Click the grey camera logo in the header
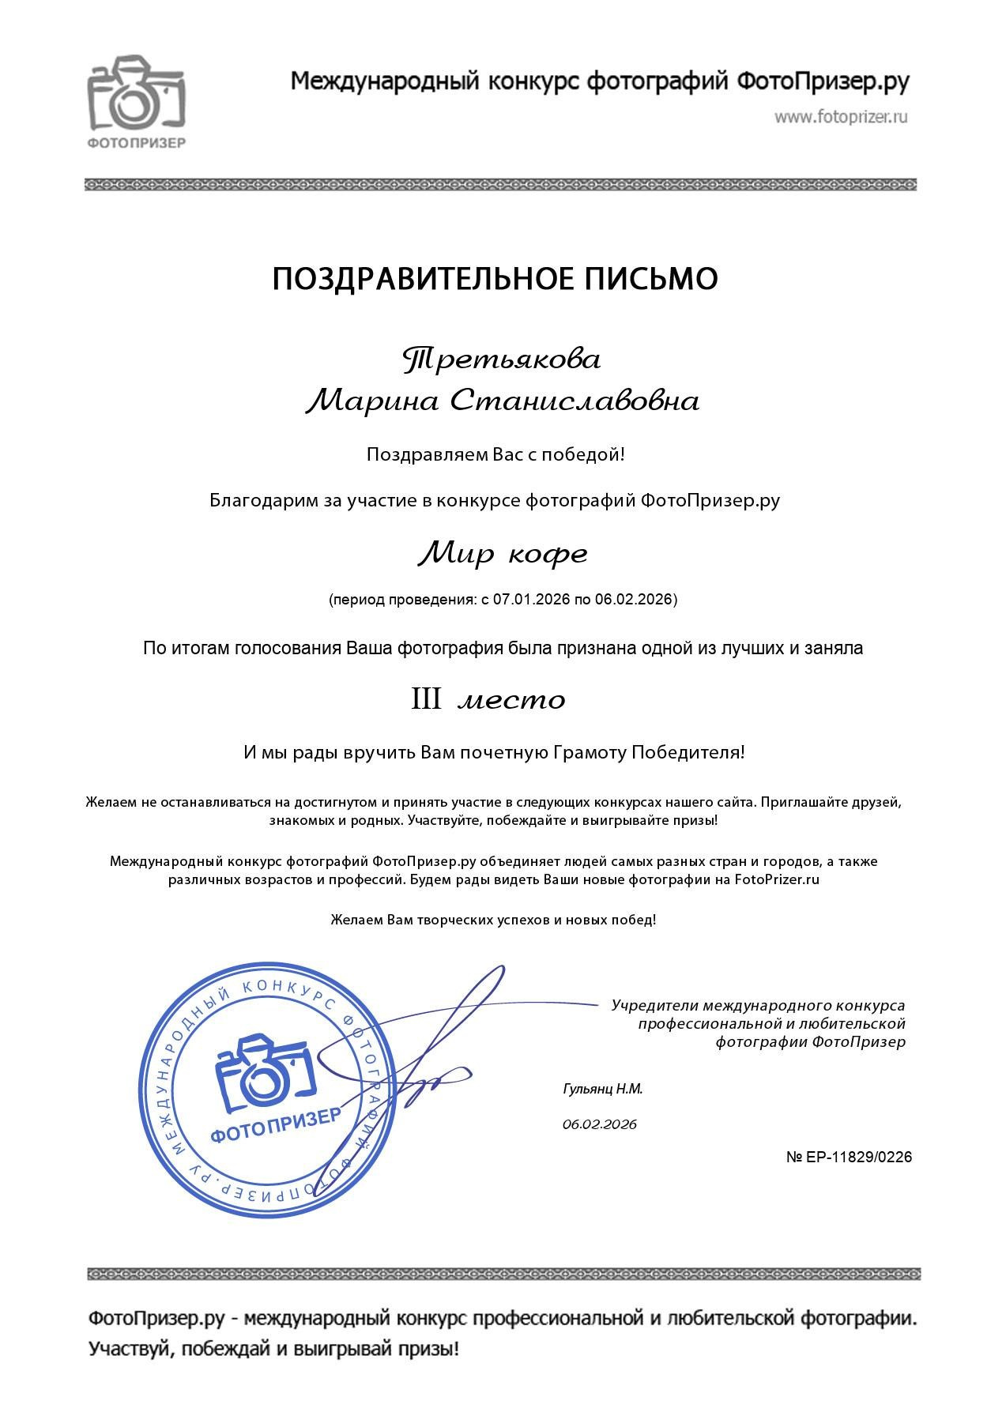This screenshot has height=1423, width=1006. pyautogui.click(x=136, y=92)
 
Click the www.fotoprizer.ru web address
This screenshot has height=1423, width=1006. pyautogui.click(x=841, y=117)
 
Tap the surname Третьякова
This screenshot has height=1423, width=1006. pyautogui.click(x=502, y=360)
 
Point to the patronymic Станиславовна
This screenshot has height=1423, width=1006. pyautogui.click(x=575, y=401)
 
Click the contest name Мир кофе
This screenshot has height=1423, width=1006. pyautogui.click(x=503, y=554)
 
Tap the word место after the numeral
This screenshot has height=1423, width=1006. pyautogui.click(x=512, y=701)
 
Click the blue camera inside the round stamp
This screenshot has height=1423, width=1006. pyautogui.click(x=266, y=1071)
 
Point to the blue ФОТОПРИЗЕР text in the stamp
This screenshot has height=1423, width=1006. pyautogui.click(x=276, y=1125)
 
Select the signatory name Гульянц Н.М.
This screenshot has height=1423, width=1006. pyautogui.click(x=603, y=1089)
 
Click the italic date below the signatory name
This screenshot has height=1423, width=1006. pyautogui.click(x=600, y=1124)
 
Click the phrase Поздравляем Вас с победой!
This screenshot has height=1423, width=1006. pyautogui.click(x=495, y=455)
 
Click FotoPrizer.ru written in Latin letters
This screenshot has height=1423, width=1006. pyautogui.click(x=777, y=879)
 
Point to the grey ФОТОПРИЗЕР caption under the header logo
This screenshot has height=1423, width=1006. pyautogui.click(x=136, y=143)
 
